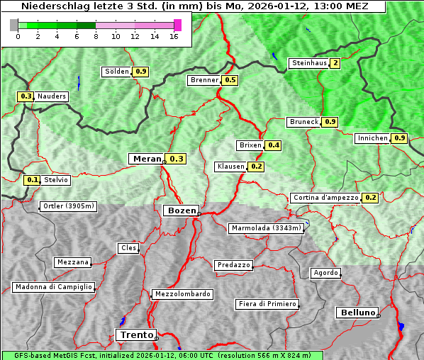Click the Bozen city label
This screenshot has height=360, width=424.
click(x=180, y=210)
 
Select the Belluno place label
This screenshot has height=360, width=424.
click(x=357, y=312)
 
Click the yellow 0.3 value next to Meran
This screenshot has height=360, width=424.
click(x=176, y=159)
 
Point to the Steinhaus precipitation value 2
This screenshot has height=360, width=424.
click(x=335, y=63)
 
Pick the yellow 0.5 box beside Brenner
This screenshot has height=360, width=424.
click(x=230, y=80)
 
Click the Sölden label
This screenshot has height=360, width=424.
click(x=117, y=72)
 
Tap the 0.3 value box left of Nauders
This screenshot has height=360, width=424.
click(x=26, y=96)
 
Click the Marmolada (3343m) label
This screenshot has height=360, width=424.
click(x=267, y=228)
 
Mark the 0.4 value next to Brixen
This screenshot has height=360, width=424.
click(x=274, y=145)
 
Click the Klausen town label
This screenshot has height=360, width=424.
click(x=230, y=167)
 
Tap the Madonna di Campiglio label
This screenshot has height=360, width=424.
click(x=53, y=287)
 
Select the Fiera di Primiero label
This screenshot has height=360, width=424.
click(x=267, y=304)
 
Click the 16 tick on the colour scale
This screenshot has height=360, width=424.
click(x=173, y=36)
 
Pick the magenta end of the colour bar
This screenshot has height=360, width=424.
click(x=177, y=25)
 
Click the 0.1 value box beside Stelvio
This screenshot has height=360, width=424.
click(x=32, y=180)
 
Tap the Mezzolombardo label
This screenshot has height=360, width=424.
click(x=182, y=293)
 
